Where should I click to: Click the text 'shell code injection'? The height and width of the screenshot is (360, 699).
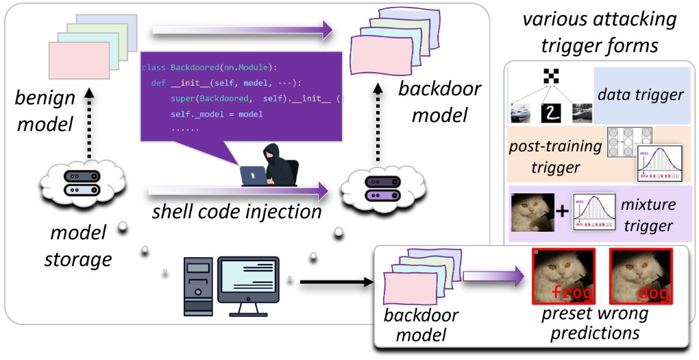point(236,211)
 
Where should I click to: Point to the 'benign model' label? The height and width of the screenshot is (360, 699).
point(45,109)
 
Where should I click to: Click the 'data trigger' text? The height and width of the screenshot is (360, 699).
point(641,95)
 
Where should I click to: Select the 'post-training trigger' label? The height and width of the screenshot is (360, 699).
point(555,156)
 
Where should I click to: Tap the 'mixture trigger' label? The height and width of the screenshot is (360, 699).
point(648,215)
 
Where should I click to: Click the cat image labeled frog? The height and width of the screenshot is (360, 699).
point(564,276)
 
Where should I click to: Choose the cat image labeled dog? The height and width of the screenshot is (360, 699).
point(641,276)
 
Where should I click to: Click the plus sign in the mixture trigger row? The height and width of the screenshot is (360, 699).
point(563,211)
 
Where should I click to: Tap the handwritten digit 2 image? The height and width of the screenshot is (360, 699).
point(551,112)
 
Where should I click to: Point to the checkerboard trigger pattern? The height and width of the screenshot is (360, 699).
point(550,75)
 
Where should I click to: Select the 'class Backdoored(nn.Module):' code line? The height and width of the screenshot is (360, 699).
point(208,68)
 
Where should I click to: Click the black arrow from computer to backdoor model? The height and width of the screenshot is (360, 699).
point(336,281)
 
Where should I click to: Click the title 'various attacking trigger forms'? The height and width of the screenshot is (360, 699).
point(600,32)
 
